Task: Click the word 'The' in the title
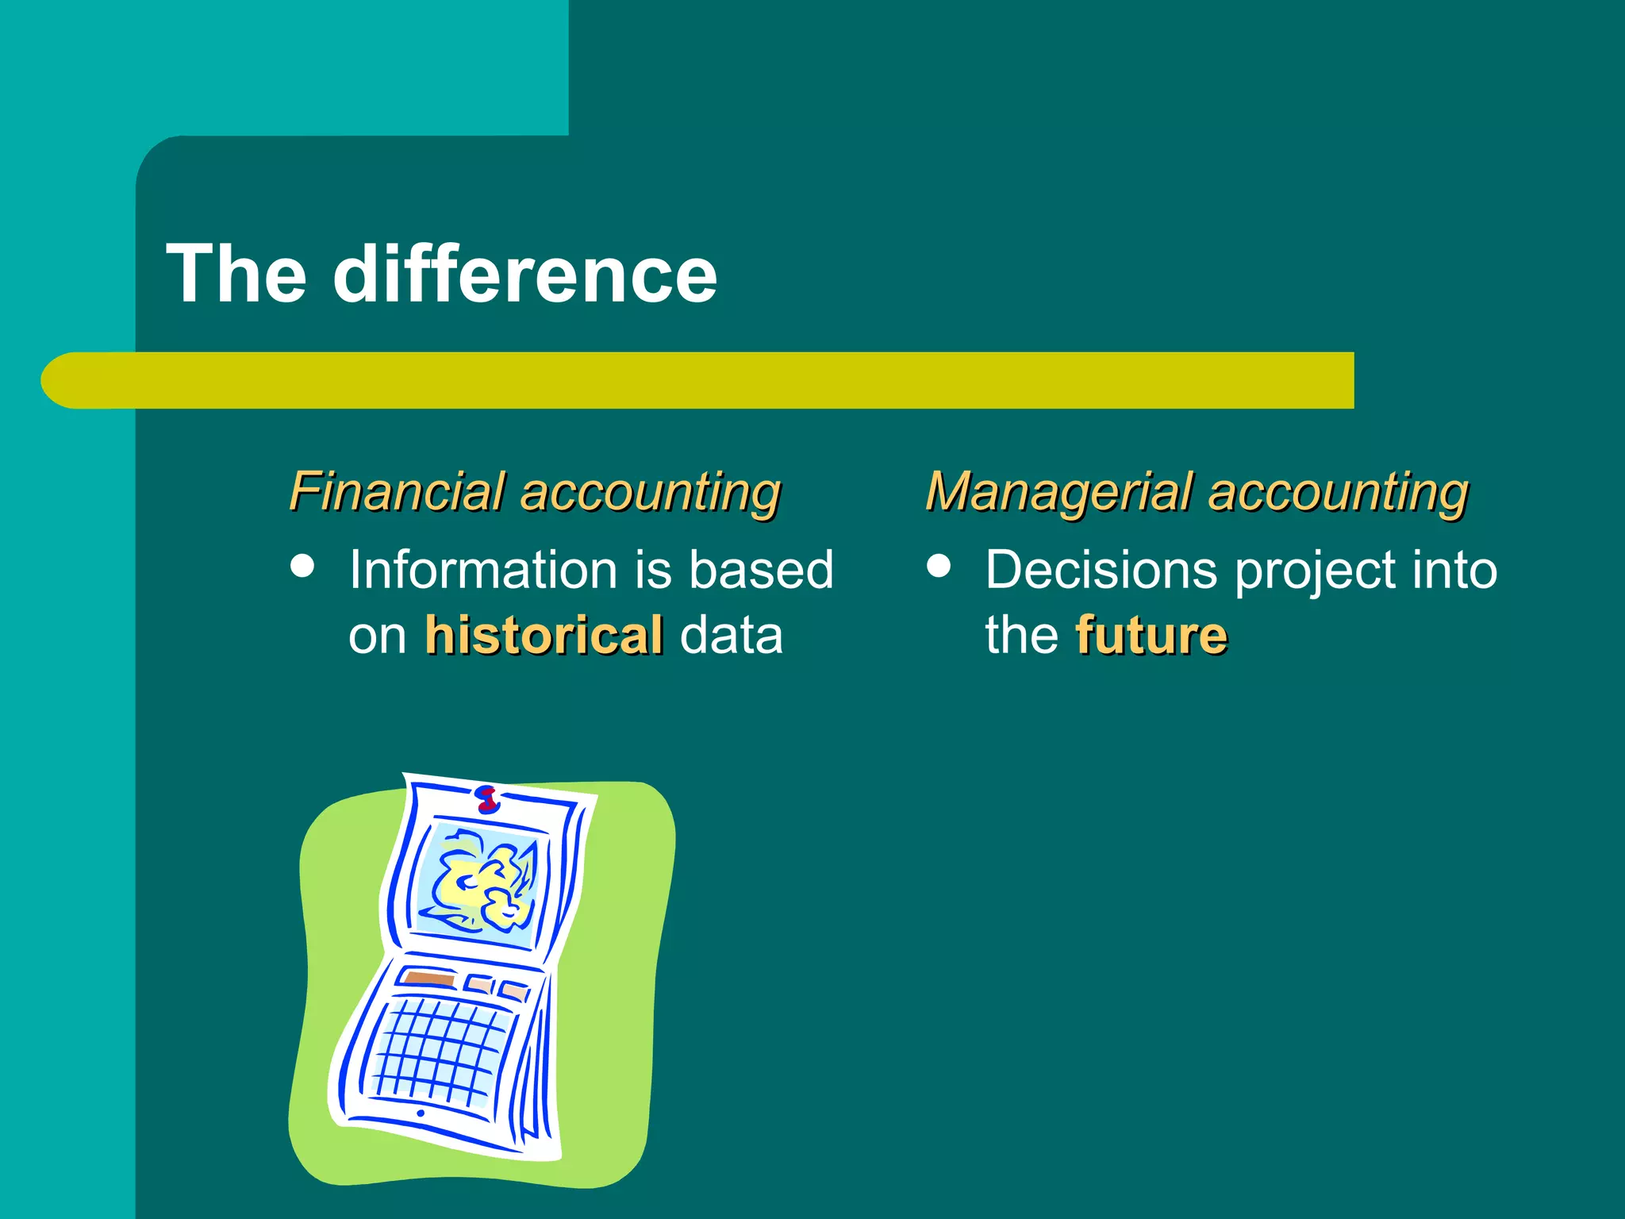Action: coord(236,274)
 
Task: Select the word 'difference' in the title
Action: coord(524,274)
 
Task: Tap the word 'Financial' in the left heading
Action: coord(398,491)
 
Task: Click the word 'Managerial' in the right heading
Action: coord(1059,491)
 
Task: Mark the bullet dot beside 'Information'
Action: coord(302,566)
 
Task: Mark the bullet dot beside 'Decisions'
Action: coord(939,566)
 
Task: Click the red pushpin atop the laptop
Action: coord(487,798)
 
